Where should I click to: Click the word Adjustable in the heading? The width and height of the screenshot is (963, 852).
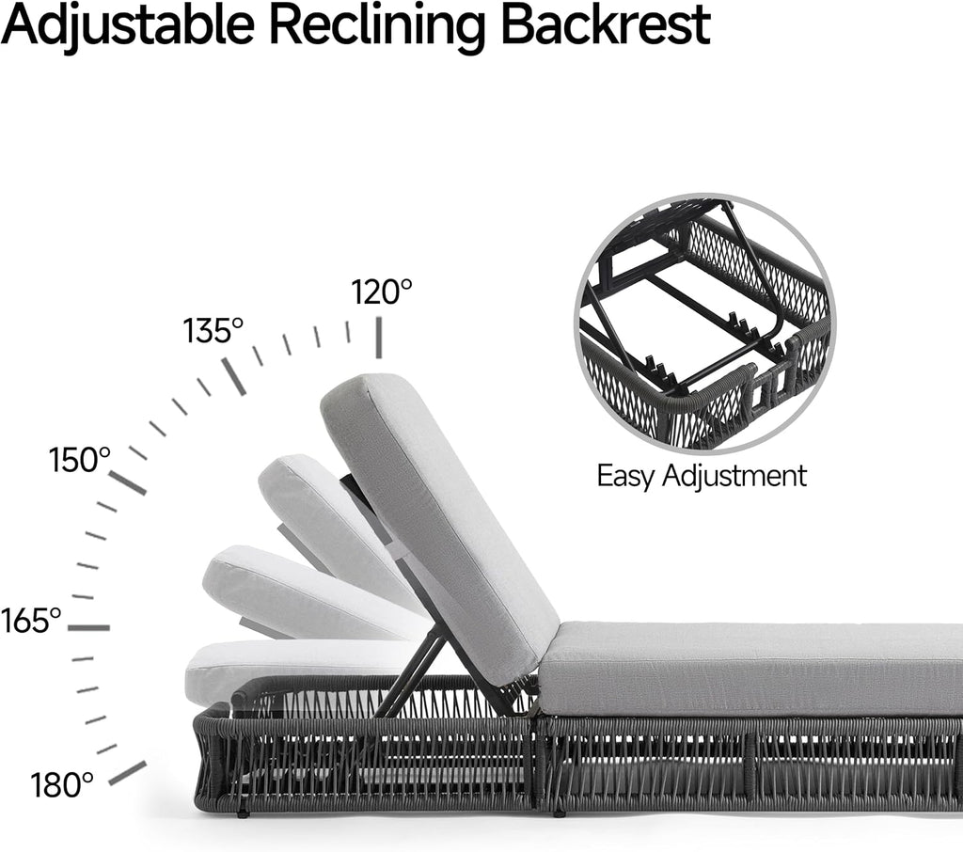(x=128, y=24)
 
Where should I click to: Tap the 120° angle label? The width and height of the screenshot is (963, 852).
(x=382, y=292)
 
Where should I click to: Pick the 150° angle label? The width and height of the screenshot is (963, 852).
(x=80, y=460)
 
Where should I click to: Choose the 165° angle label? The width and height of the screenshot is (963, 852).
(x=31, y=621)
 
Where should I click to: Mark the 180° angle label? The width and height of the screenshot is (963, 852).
(x=62, y=785)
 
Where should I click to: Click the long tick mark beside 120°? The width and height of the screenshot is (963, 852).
(x=379, y=338)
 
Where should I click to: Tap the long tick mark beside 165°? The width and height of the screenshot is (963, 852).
(x=89, y=628)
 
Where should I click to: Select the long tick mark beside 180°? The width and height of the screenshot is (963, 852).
(x=128, y=773)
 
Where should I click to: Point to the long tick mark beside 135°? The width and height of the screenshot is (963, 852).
(x=234, y=376)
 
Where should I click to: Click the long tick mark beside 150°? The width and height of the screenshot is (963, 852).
(x=128, y=482)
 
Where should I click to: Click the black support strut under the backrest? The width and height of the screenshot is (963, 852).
(x=408, y=676)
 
